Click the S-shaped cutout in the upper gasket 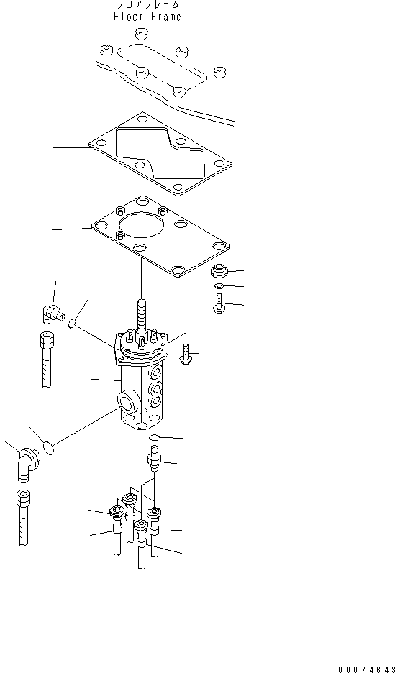pyautogui.click(x=158, y=154)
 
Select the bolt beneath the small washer pyautogui.click(x=217, y=304)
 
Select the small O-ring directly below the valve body pyautogui.click(x=155, y=437)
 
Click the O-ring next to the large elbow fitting pyautogui.click(x=48, y=447)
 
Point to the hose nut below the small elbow pyautogui.click(x=47, y=339)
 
